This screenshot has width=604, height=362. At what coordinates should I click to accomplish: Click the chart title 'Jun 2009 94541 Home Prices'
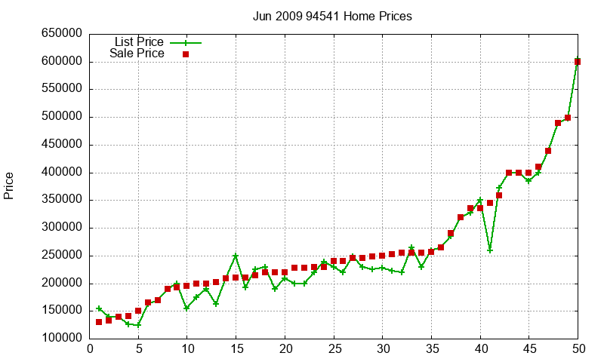point(332,16)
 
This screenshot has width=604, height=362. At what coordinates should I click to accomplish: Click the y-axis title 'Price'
point(9,186)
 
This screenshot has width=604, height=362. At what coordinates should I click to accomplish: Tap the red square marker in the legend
point(186,54)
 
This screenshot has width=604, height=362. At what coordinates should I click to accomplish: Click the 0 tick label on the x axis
point(90,348)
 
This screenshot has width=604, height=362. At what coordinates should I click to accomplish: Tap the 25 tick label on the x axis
point(334,348)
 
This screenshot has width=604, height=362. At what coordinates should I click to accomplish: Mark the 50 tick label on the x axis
point(578,348)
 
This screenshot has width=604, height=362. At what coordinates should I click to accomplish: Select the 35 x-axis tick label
point(431,348)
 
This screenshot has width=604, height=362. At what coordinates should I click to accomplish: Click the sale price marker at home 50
point(578,62)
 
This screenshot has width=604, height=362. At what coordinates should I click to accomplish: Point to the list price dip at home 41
point(490,250)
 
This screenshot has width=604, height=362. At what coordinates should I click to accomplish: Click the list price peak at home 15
point(236,256)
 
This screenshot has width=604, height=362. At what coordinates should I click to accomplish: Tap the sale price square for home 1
point(99,322)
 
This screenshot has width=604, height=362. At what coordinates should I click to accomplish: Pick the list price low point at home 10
point(186,308)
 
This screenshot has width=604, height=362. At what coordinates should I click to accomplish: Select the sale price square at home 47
point(548,151)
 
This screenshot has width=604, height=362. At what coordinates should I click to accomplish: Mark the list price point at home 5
point(138,325)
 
